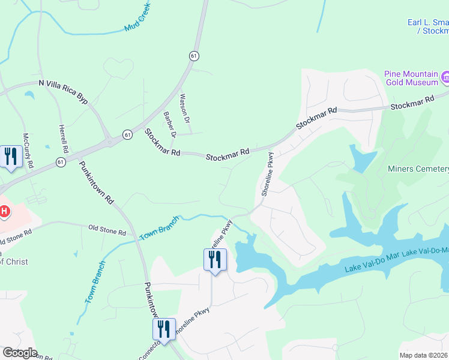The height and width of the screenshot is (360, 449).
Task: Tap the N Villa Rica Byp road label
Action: (62, 92)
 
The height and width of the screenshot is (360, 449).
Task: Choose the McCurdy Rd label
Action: (28, 150)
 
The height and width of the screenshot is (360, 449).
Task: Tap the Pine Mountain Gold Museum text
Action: (410, 79)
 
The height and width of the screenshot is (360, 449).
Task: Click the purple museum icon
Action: (445, 77)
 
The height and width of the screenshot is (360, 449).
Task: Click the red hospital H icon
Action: (4, 211)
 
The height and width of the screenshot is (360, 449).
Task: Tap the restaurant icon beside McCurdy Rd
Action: (11, 157)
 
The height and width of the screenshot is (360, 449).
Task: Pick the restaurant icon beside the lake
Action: (215, 260)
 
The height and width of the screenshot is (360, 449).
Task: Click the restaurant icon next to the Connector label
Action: (163, 329)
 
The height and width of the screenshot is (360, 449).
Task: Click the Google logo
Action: (19, 353)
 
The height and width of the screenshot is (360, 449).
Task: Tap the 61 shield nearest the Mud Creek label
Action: (193, 55)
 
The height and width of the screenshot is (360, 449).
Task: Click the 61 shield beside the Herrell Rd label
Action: (61, 162)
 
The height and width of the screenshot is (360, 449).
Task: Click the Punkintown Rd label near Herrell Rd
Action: (97, 181)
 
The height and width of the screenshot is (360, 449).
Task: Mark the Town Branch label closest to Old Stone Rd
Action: (160, 228)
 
